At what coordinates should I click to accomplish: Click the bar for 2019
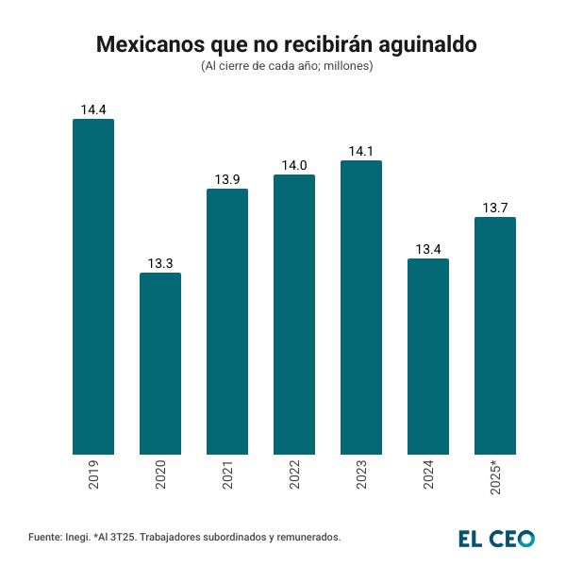point(93,287)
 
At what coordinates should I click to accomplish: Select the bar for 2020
point(160,363)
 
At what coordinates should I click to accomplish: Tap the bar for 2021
point(227,322)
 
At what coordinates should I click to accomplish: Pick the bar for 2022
point(294,314)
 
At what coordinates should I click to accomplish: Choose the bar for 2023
point(361,308)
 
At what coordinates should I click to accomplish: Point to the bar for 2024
point(428,357)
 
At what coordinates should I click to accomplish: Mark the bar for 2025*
point(495,336)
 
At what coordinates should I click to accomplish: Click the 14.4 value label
point(93,110)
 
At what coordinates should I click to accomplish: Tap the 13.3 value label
point(160,264)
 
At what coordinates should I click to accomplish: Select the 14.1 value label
point(361,152)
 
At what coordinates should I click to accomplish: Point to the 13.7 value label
point(495,208)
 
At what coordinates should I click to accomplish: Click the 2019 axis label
point(93,475)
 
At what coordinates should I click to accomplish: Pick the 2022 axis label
point(294,475)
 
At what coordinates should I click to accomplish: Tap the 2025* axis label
point(495,478)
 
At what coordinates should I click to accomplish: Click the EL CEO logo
point(496,538)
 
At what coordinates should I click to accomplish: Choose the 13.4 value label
point(428,250)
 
